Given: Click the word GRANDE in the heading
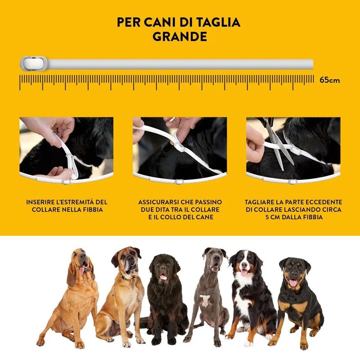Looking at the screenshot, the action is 180,36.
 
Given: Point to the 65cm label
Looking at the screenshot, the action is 330,80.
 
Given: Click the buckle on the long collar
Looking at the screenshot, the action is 33,63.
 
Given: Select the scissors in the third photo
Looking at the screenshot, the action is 278,142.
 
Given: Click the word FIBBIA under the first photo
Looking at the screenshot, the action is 94,210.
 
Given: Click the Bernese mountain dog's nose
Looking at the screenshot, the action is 244,265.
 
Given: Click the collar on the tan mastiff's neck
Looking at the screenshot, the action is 126,278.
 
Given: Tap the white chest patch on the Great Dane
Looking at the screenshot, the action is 205,301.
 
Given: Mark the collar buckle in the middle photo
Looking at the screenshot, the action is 179,147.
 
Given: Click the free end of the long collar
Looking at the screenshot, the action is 312,64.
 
